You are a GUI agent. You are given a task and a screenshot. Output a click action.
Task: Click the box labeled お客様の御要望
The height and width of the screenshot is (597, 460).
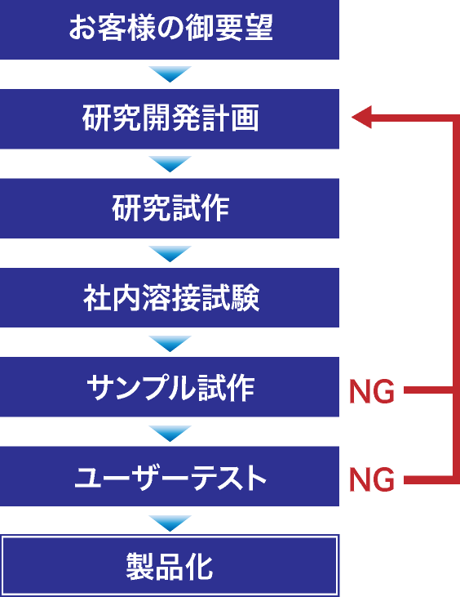(x=170, y=29)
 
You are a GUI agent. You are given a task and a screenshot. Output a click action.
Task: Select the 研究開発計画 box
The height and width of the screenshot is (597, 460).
(x=170, y=118)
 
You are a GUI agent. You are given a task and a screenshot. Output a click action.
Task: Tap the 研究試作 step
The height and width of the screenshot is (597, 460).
(x=170, y=208)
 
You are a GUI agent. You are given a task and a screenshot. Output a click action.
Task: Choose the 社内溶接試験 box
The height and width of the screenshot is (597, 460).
(x=170, y=298)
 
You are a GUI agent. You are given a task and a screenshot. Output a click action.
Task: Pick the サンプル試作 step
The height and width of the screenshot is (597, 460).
(x=170, y=387)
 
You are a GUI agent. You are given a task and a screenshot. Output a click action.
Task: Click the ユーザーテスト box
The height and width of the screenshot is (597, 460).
(x=170, y=476)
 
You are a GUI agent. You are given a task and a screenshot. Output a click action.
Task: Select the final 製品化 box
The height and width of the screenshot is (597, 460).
(x=170, y=566)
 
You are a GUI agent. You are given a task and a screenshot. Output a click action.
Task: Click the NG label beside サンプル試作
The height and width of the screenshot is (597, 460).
(x=372, y=391)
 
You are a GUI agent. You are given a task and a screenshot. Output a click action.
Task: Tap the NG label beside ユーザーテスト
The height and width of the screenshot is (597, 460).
(x=372, y=479)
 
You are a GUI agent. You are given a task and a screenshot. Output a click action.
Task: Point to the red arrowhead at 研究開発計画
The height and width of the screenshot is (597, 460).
(x=361, y=118)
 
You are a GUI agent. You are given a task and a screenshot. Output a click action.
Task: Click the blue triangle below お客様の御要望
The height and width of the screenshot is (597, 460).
(x=170, y=74)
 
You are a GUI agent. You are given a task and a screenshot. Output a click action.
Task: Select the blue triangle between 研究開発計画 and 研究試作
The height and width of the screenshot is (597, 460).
(x=170, y=163)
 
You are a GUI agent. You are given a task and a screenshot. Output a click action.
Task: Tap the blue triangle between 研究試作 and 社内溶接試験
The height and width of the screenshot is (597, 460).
(x=170, y=253)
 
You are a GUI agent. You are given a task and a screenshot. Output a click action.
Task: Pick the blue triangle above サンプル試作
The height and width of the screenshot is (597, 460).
(x=170, y=344)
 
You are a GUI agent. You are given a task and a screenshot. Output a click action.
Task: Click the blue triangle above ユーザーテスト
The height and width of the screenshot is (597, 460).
(x=170, y=434)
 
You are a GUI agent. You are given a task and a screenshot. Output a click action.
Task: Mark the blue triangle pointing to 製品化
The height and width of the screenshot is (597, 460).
(x=170, y=523)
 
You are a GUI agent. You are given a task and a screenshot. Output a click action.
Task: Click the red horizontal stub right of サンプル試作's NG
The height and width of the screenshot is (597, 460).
(x=429, y=390)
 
